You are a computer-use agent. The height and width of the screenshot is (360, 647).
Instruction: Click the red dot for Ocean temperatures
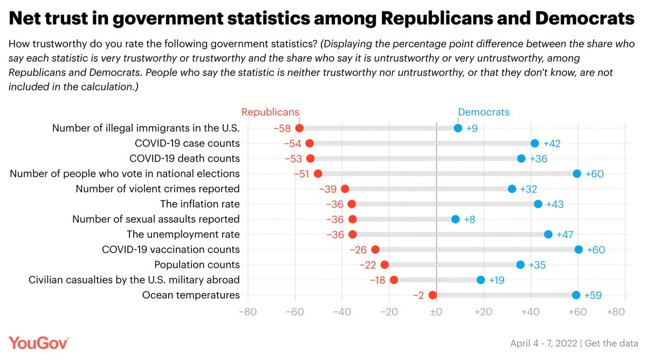click(432, 295)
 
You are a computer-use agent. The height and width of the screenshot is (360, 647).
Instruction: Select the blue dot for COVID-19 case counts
click(534, 143)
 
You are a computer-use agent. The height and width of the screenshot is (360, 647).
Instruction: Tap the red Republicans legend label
click(270, 112)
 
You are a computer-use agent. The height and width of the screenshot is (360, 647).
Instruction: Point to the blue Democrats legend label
click(484, 112)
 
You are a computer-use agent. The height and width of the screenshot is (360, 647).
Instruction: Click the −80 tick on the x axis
click(247, 311)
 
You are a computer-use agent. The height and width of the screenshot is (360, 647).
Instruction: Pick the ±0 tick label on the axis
click(436, 311)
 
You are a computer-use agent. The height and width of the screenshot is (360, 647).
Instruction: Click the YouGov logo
click(38, 343)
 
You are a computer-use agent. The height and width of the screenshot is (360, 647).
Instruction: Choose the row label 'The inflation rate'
click(200, 204)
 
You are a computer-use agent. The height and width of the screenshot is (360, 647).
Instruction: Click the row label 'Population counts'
click(197, 265)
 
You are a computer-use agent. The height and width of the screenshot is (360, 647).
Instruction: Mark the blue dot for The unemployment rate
click(548, 234)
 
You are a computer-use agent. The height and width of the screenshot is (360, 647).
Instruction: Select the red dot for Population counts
click(384, 265)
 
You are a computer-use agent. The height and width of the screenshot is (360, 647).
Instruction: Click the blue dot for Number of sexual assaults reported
click(455, 219)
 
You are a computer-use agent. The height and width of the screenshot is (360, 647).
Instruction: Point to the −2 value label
click(418, 295)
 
